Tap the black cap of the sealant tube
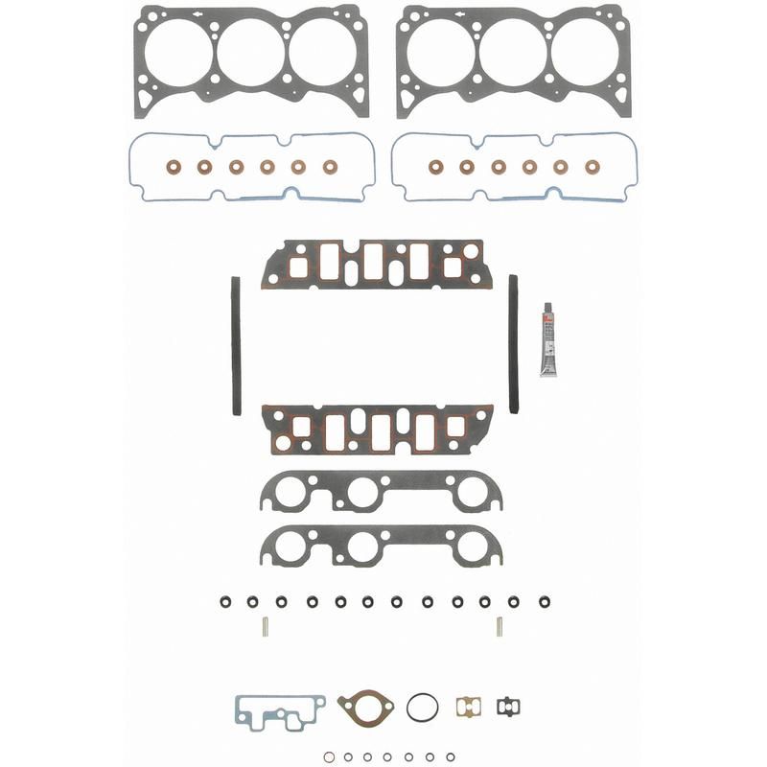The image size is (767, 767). click(x=548, y=310)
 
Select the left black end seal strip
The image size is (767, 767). click(x=236, y=346)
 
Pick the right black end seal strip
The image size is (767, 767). click(x=514, y=344)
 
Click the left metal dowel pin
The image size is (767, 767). click(x=266, y=627)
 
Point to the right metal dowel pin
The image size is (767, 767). click(x=500, y=627)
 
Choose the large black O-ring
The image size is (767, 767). click(x=422, y=707)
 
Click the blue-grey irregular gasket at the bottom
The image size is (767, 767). click(x=279, y=710)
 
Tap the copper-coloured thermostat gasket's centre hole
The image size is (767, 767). click(x=365, y=708)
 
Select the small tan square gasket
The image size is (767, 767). click(x=467, y=707)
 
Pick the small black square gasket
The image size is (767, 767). click(x=508, y=707)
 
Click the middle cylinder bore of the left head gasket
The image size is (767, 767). click(x=251, y=52)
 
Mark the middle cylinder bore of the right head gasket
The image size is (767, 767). click(x=513, y=52)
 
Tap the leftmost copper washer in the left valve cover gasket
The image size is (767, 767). click(x=174, y=167)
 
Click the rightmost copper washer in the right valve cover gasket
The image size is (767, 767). click(x=592, y=167)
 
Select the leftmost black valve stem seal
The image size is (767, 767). click(x=224, y=602)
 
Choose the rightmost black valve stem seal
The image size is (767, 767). click(x=544, y=602)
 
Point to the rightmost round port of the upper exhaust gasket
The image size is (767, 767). click(x=471, y=492)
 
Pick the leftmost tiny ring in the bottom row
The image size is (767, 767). click(x=329, y=756)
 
